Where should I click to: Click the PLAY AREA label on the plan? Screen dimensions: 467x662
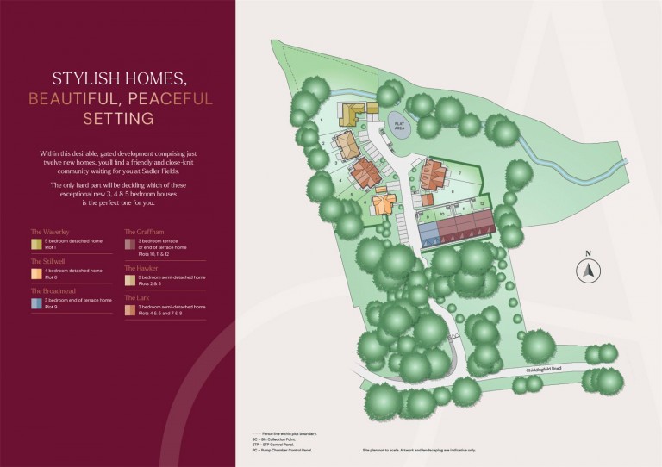click(398, 125)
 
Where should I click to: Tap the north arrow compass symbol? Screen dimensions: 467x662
click(588, 269)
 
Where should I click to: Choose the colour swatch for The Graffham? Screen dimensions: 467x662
click(130, 243)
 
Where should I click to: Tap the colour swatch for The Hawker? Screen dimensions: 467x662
click(130, 278)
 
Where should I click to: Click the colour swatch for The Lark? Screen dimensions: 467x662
click(130, 308)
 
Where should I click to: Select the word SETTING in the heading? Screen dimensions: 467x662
click(118, 117)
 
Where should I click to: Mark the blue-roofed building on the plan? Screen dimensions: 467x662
click(428, 230)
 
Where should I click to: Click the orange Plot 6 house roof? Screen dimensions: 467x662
click(384, 203)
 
